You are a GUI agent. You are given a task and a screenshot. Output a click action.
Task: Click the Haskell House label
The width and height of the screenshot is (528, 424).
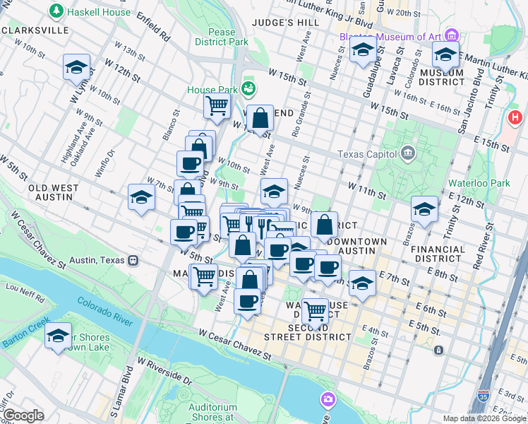click(98, 12)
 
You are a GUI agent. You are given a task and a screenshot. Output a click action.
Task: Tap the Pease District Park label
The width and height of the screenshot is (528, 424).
click(222, 37)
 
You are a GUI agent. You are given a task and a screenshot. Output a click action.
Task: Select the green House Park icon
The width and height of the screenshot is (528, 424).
click(248, 88)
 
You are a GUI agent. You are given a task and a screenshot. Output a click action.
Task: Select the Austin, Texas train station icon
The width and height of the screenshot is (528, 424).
click(132, 260)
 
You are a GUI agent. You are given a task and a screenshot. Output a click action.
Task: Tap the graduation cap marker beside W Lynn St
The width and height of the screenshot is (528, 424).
click(76, 68)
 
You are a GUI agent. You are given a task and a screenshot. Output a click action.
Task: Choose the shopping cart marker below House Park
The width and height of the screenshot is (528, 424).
click(217, 106)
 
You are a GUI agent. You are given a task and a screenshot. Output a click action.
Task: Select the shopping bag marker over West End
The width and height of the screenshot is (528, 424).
click(260, 117)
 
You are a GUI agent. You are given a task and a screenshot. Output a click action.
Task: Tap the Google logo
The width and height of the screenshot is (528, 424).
click(23, 415)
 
